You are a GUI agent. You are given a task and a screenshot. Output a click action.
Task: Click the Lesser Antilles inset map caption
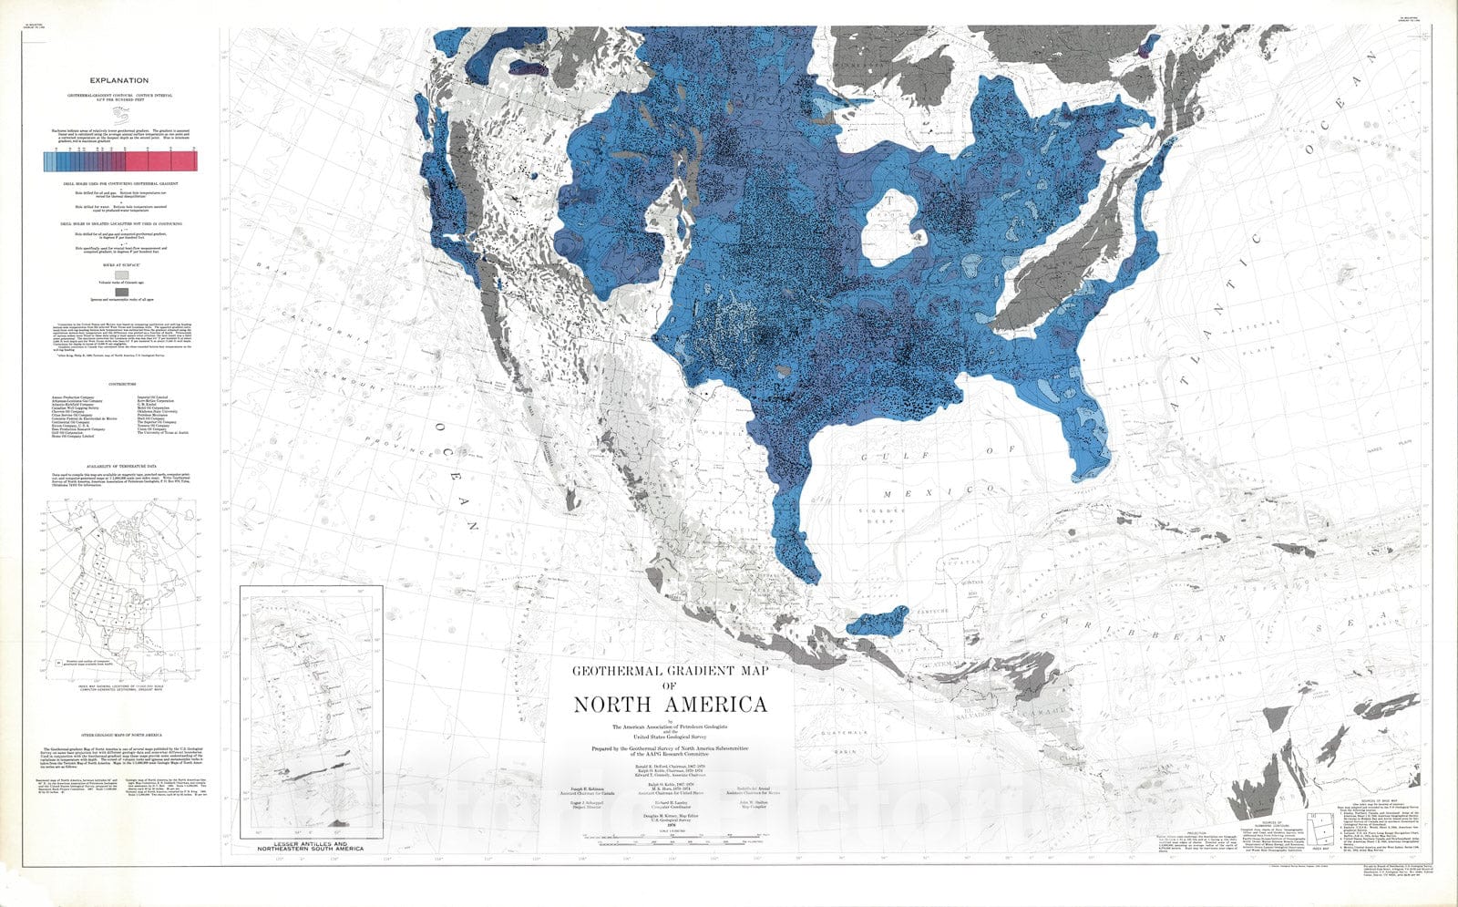pos(311,845)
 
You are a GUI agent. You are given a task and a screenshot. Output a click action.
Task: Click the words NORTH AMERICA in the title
pos(670,705)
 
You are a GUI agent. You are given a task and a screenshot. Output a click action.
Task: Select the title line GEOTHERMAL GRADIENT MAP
pos(670,671)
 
